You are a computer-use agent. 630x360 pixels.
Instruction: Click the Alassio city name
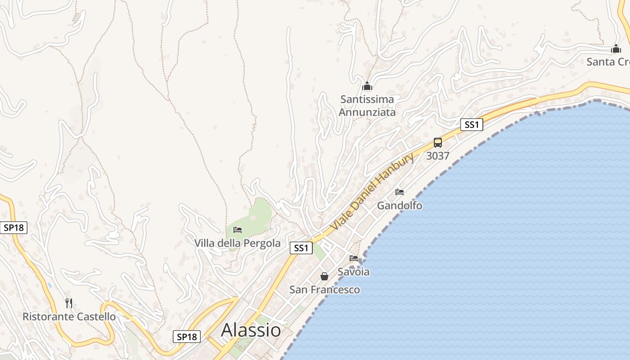[x=251, y=330]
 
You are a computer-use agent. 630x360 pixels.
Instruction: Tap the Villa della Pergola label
[x=237, y=243]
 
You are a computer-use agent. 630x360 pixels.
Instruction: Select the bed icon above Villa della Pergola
[x=238, y=230]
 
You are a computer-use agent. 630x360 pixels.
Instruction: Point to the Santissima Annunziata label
[x=367, y=106]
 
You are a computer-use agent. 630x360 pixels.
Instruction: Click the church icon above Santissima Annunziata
[x=367, y=86]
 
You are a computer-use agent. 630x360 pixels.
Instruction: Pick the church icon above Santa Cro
[x=616, y=49]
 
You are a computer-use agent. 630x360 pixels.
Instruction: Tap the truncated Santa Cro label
[x=608, y=62]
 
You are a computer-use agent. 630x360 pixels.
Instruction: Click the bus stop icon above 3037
[x=438, y=143]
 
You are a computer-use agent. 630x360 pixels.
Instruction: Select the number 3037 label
[x=438, y=156]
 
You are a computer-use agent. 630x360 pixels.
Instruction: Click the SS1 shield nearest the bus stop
[x=472, y=125]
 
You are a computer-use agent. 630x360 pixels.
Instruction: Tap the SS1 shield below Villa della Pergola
[x=301, y=248]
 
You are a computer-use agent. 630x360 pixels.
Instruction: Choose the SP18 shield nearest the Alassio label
[x=187, y=337]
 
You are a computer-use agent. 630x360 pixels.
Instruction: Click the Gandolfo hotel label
[x=400, y=206]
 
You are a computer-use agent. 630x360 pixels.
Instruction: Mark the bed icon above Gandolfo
[x=400, y=192]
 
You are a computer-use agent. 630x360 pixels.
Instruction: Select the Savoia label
[x=354, y=272]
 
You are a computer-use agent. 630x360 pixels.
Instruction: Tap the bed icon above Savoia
[x=354, y=258]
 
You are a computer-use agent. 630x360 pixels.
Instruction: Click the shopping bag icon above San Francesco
[x=324, y=276]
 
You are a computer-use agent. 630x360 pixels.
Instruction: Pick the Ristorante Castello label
[x=69, y=316]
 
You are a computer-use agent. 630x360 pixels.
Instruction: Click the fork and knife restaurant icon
[x=69, y=303]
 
